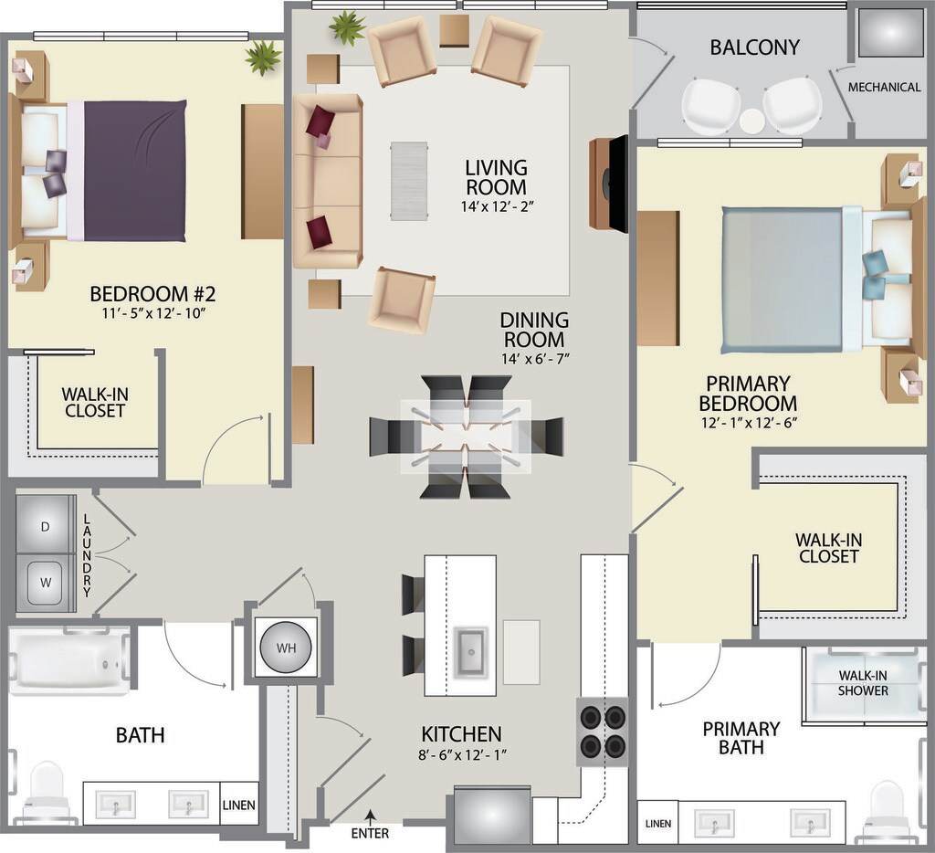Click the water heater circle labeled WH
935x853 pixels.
coord(286,648)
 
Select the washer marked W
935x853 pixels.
coord(46,583)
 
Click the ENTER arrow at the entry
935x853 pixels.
coord(371,816)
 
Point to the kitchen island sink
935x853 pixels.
coord(471,653)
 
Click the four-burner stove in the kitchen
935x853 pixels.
coord(603,732)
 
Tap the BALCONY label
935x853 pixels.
coord(754,47)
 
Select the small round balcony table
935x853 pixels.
coord(752,121)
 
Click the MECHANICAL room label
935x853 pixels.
coord(884,87)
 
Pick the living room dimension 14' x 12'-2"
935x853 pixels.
coord(497,206)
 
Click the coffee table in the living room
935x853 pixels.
coord(409,182)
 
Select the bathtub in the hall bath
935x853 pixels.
coord(69,660)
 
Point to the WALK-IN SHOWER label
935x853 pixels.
coord(863,683)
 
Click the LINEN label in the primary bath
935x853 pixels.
coord(657,823)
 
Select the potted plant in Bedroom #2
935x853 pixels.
coord(263,58)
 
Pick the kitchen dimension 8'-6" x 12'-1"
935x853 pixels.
coord(462,754)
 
